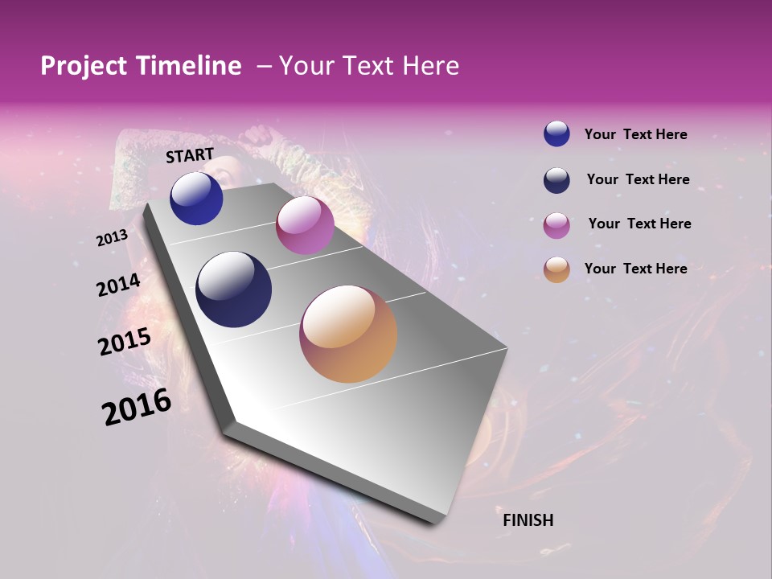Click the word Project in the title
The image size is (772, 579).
[x=84, y=66]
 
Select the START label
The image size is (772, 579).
[x=190, y=155]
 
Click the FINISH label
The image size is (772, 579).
[x=528, y=520]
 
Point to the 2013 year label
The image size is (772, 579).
[x=112, y=238]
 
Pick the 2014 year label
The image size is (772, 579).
[x=118, y=285]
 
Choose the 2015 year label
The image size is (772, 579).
[x=125, y=342]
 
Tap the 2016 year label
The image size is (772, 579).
[x=137, y=407]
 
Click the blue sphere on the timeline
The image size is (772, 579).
[x=196, y=198]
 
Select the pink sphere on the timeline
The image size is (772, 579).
[x=305, y=225]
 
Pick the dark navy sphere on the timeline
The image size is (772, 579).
[x=233, y=289]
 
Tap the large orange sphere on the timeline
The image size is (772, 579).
[x=348, y=334]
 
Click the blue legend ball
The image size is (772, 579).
[x=556, y=134]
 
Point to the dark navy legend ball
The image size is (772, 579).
[x=556, y=180]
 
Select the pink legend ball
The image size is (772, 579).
[x=556, y=225]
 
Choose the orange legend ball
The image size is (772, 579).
[x=556, y=269]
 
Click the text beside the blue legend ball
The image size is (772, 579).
[x=635, y=134]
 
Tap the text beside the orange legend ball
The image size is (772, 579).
[x=635, y=269]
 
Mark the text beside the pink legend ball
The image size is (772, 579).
[x=639, y=224]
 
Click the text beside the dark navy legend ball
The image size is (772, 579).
[x=638, y=179]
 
